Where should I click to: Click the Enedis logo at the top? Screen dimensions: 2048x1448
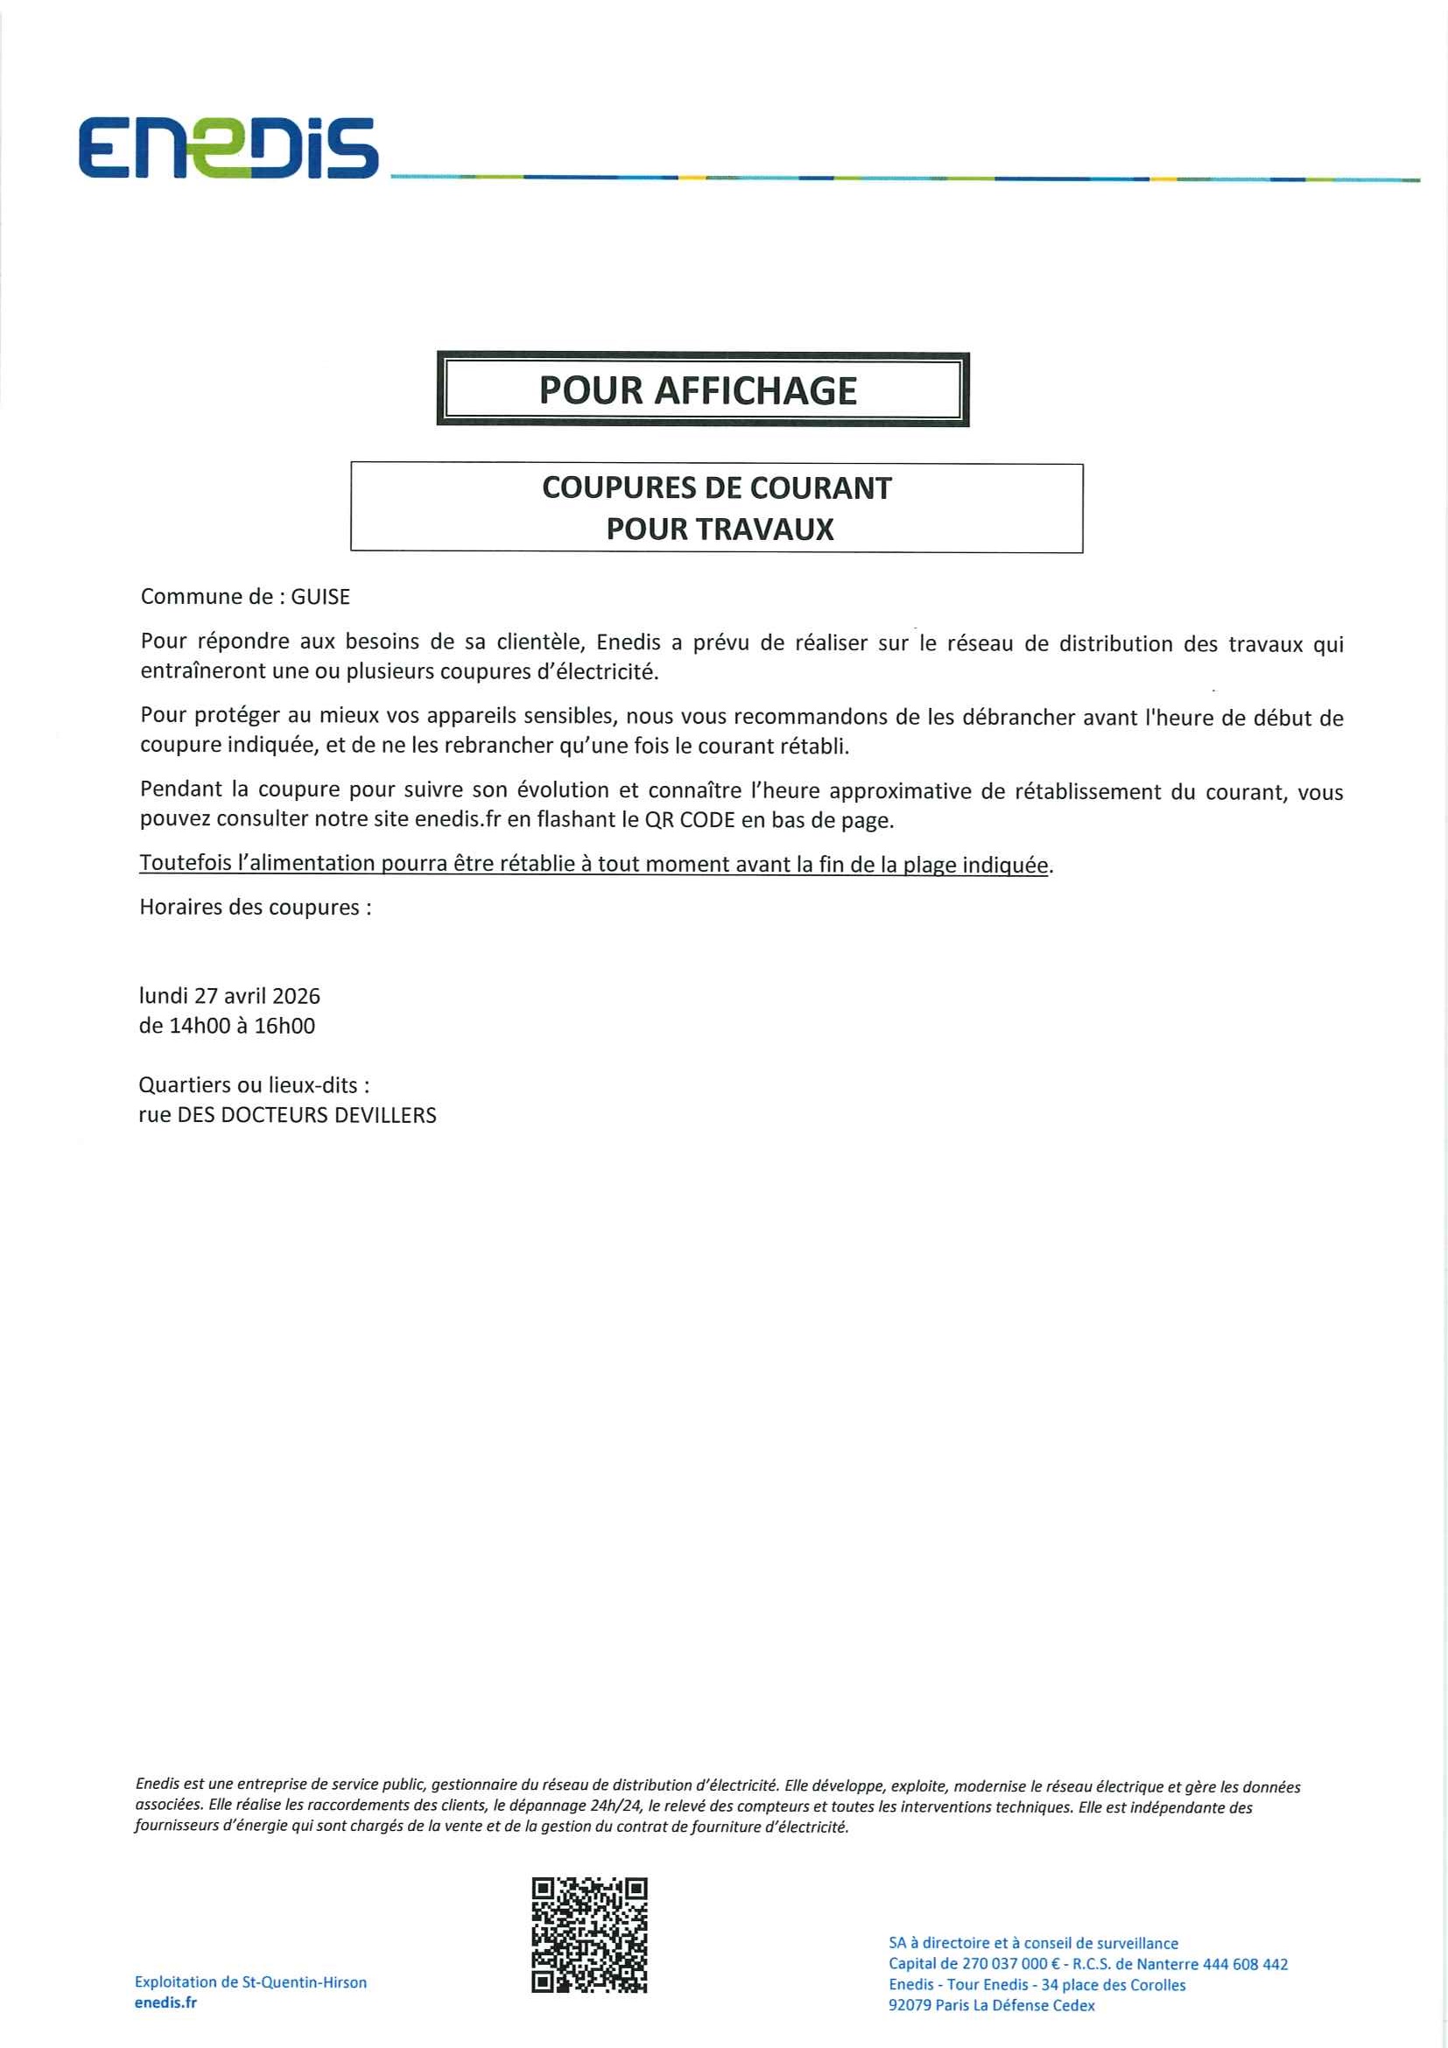pyautogui.click(x=228, y=147)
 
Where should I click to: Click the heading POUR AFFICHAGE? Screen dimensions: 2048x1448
pyautogui.click(x=698, y=390)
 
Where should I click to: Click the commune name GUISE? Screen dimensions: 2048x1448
pyautogui.click(x=320, y=597)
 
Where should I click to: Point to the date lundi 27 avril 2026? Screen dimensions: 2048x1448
pyautogui.click(x=229, y=996)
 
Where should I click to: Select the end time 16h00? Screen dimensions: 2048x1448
pyautogui.click(x=285, y=1026)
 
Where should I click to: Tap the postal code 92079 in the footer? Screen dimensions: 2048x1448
pyautogui.click(x=910, y=2005)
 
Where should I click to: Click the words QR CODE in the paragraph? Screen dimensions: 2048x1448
pyautogui.click(x=690, y=821)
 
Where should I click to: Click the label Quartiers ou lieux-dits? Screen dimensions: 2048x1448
pyautogui.click(x=253, y=1085)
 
